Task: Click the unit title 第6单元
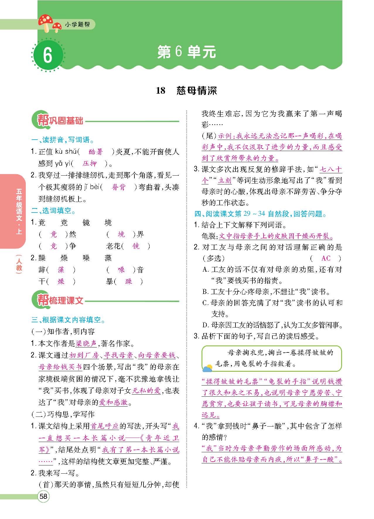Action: coord(187,52)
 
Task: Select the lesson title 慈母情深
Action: coord(197,90)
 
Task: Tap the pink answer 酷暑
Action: coord(96,152)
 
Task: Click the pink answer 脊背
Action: coord(119,187)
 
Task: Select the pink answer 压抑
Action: coord(90,163)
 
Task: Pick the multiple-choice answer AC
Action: coord(326,258)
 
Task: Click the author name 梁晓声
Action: coord(86,343)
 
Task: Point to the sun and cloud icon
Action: coord(208,368)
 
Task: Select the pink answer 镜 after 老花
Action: coord(136,246)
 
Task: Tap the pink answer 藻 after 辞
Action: coord(61,270)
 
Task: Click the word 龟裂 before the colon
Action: coord(209,236)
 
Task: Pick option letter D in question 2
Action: coord(205,325)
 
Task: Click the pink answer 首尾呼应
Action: coord(105,426)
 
